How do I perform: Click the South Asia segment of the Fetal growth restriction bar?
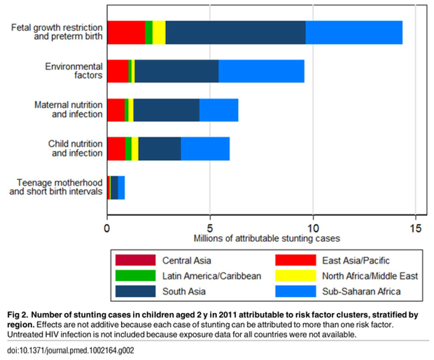pos(235,33)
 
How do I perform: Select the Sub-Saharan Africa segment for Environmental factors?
pos(261,71)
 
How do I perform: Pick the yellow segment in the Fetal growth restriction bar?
pos(159,33)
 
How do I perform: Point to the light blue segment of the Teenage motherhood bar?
pos(121,187)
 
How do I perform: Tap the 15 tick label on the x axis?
pos(415,228)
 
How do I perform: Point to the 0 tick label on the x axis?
pos(107,228)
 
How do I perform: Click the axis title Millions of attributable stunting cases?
pos(261,238)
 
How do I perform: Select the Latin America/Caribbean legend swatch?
pos(135,275)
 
